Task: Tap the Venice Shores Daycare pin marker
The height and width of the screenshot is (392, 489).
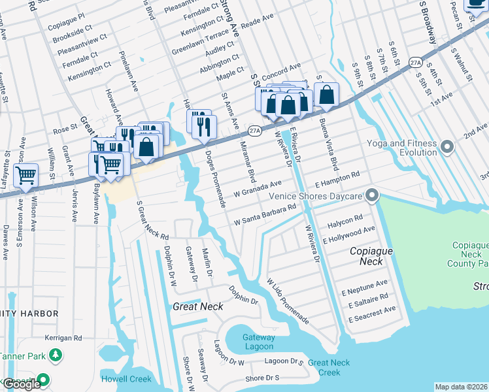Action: tap(372, 195)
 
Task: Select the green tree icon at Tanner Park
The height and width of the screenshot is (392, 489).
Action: tap(56, 355)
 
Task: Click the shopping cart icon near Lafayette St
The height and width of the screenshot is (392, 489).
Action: tap(25, 174)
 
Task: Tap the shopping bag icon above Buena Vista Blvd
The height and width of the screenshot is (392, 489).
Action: tap(326, 94)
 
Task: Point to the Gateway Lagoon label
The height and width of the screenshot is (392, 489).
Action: tap(259, 342)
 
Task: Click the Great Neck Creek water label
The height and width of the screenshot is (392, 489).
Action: tap(324, 367)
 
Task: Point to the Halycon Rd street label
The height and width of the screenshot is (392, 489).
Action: tap(345, 220)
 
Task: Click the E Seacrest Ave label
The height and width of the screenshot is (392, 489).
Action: tap(372, 314)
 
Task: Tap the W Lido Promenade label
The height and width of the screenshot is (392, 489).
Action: tap(287, 301)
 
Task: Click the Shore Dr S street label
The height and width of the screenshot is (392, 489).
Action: tap(262, 378)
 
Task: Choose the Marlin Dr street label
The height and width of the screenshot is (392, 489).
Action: tap(209, 262)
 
